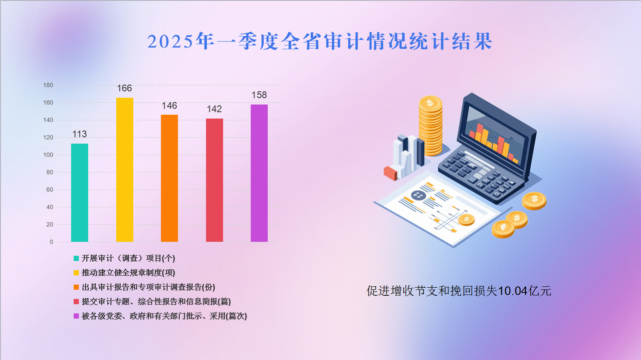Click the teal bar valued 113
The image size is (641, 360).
coord(79,193)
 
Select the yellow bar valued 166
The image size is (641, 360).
coord(125,170)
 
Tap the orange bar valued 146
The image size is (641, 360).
coord(170,179)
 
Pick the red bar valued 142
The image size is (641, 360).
coord(214,180)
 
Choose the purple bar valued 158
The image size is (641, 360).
coord(259,174)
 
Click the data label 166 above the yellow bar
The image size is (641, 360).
coord(125,88)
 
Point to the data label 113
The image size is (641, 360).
coord(79,134)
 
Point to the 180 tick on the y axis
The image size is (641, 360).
coord(48,85)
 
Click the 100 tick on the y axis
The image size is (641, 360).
coord(48,155)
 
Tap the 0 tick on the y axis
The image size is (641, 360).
coord(51,242)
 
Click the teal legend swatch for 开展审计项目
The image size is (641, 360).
coord(76,258)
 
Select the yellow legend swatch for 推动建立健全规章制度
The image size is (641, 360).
coord(76,273)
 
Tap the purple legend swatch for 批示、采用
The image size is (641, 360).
coord(76,316)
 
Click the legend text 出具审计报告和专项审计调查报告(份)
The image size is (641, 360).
coord(148,287)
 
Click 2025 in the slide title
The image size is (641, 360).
coord(171,41)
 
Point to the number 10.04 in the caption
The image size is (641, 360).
coord(513,291)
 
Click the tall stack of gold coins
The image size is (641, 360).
coord(430,126)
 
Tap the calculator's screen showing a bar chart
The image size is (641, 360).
coord(495,137)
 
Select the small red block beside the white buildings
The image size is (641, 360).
coord(390,174)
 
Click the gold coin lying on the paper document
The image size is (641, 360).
coord(466,220)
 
